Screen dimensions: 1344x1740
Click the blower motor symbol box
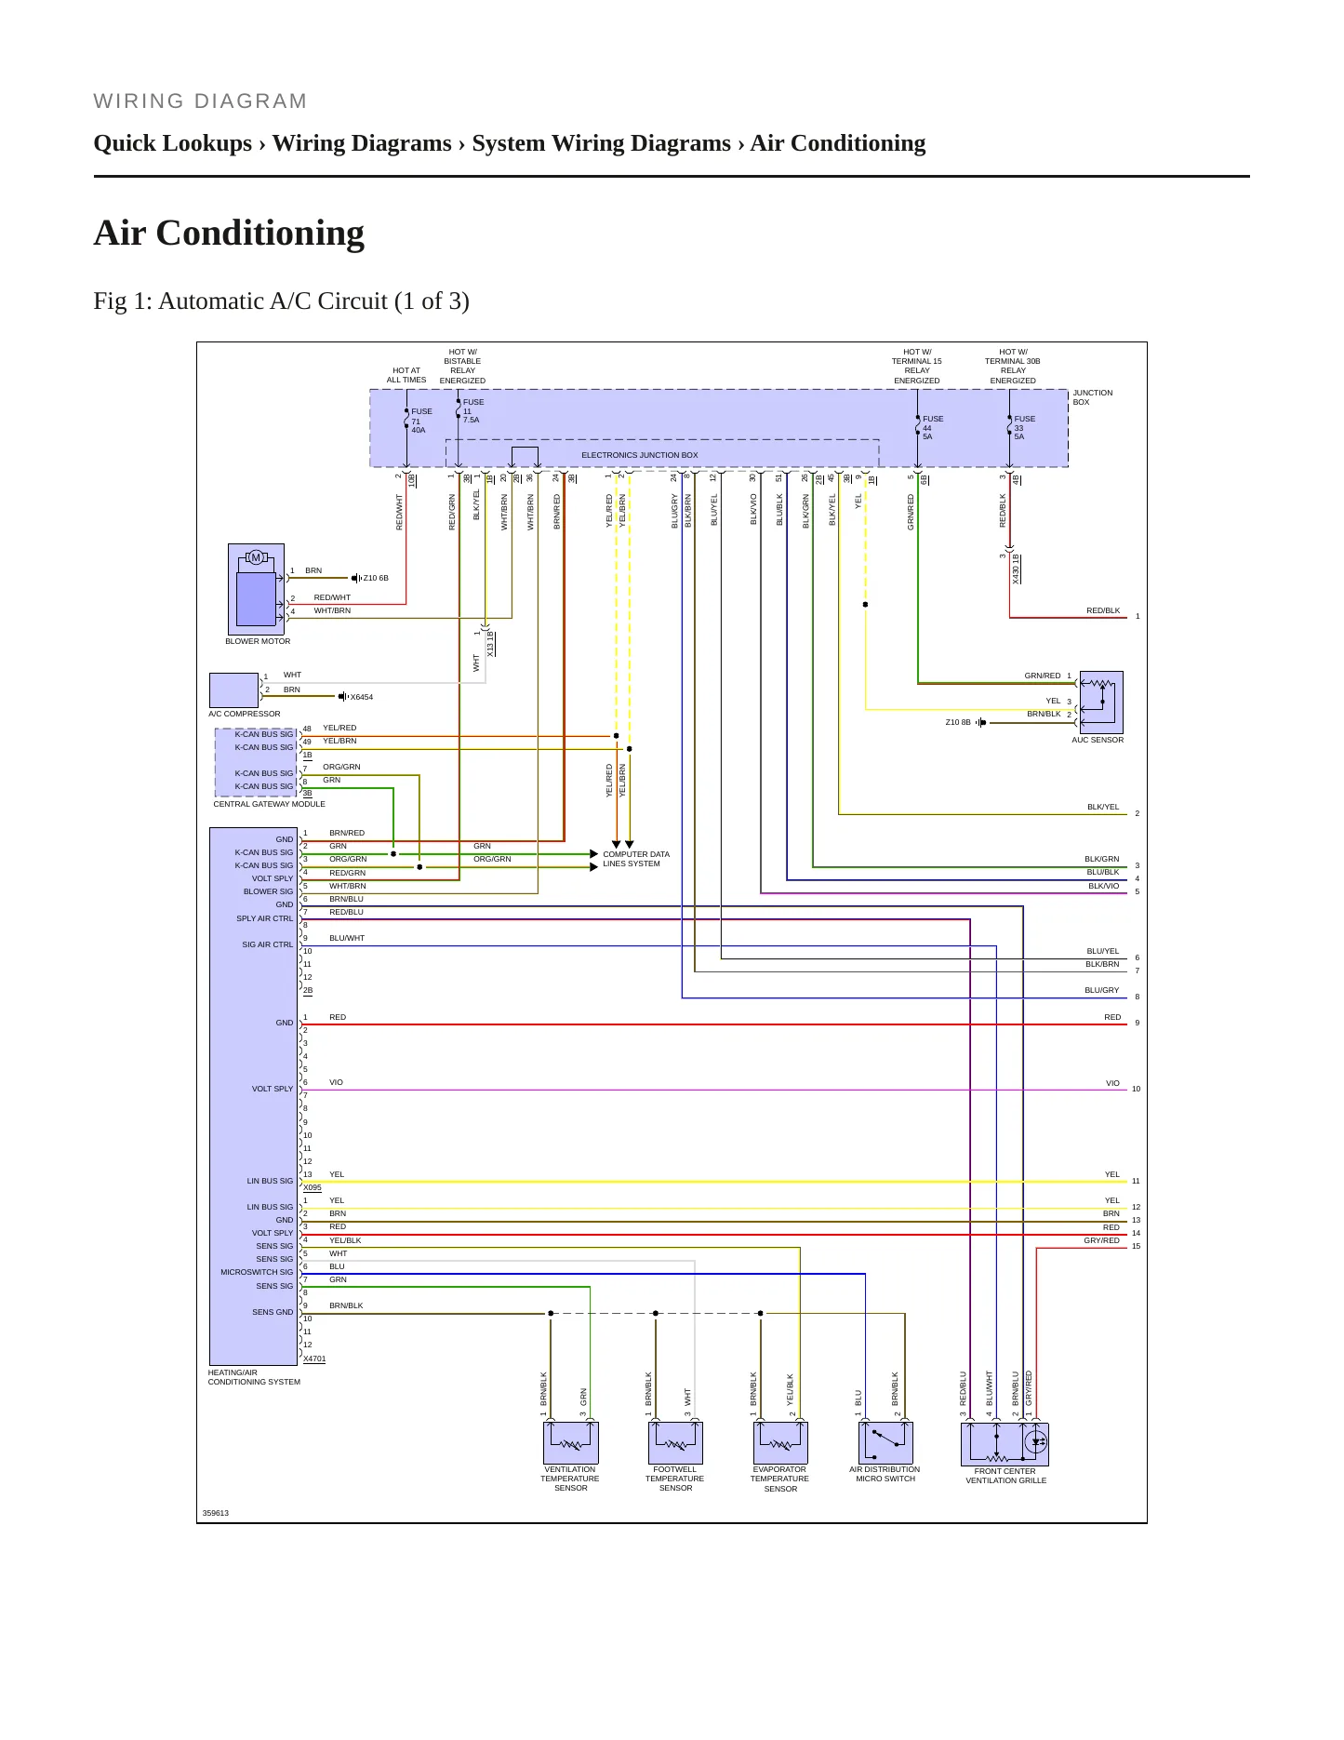(x=256, y=589)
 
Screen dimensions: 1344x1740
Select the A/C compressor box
(x=233, y=690)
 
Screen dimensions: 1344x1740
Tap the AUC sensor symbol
(x=1101, y=703)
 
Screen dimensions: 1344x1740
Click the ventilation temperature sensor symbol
(x=570, y=1443)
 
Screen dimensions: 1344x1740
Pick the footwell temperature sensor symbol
(x=675, y=1443)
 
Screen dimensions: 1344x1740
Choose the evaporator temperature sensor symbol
(x=780, y=1443)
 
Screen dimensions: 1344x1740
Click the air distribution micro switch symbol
(x=885, y=1443)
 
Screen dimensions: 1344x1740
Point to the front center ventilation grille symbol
(x=1005, y=1444)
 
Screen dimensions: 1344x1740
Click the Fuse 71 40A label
(x=421, y=421)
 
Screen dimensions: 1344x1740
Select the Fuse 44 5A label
(x=933, y=428)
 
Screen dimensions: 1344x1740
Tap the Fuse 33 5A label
(x=1025, y=428)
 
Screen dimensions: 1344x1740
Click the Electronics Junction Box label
(x=640, y=455)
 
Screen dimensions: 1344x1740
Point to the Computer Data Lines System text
(x=636, y=859)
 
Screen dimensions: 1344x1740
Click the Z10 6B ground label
(x=376, y=578)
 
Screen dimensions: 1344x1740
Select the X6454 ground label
(x=362, y=697)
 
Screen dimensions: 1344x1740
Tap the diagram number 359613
(x=216, y=1513)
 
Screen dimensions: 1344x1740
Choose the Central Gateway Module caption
(x=270, y=804)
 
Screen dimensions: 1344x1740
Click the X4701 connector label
(x=314, y=1359)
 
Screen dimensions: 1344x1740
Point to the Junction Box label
(x=1093, y=397)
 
